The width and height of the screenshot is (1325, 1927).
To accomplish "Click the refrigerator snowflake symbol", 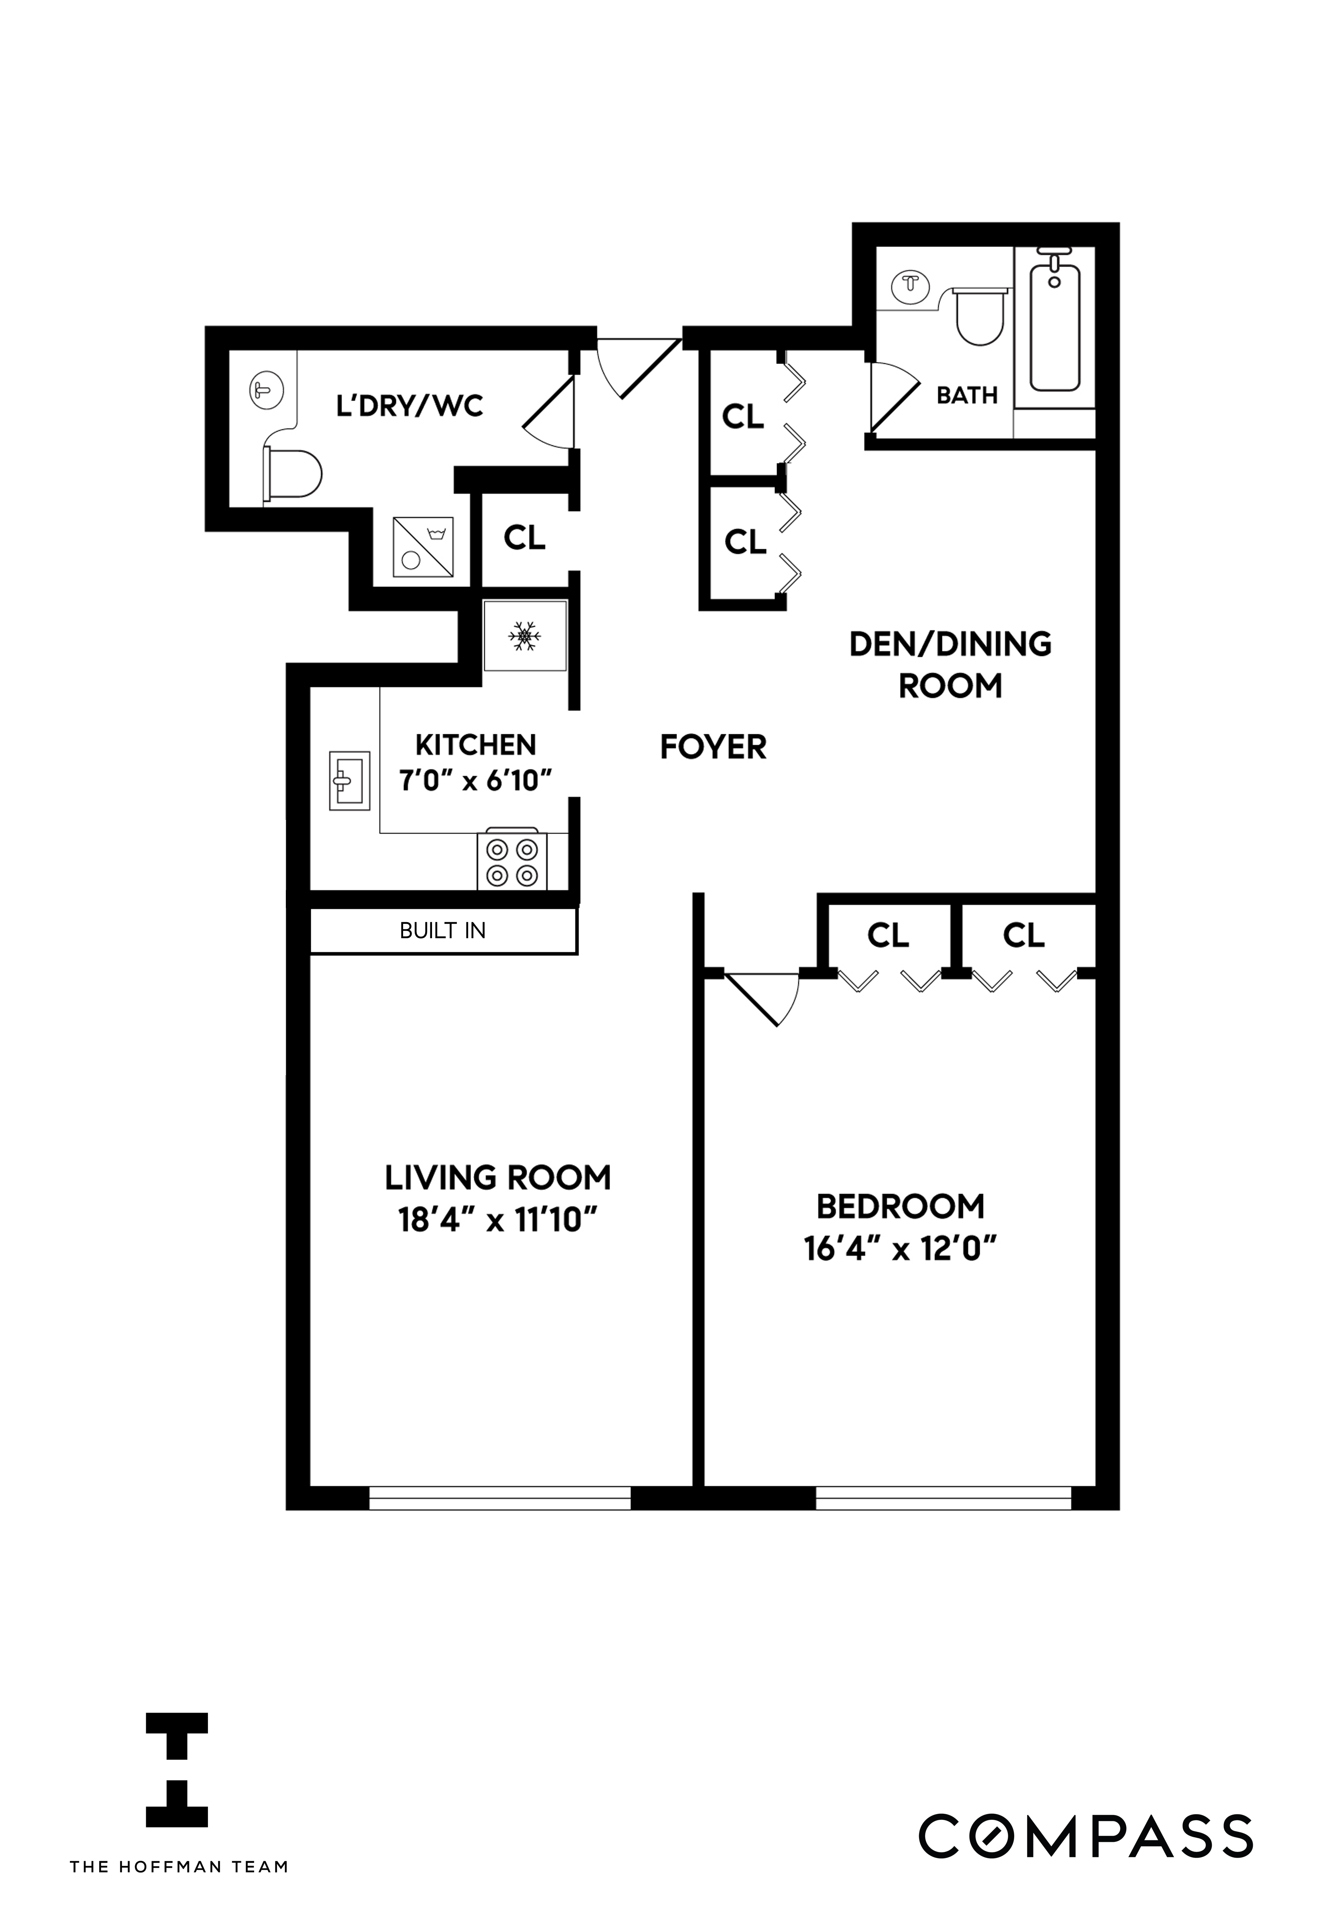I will coord(525,637).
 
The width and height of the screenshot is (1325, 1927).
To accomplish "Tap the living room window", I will coord(500,1497).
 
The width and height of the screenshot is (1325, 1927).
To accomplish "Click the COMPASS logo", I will coord(1084,1837).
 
